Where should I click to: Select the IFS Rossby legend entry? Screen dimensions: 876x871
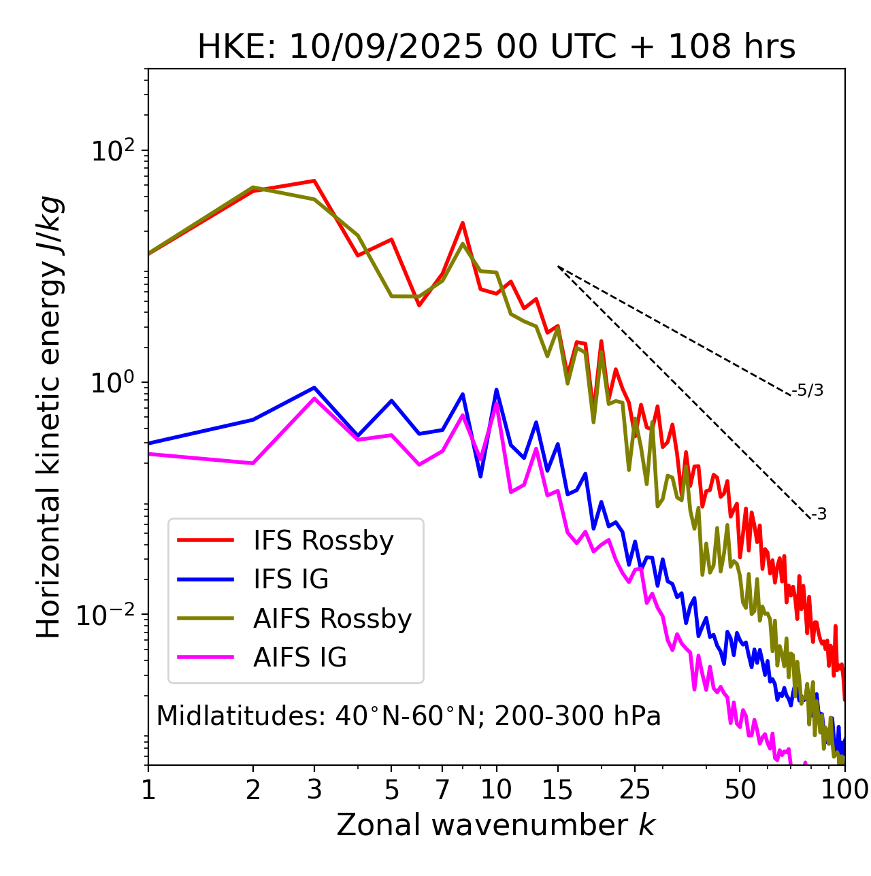coord(323,541)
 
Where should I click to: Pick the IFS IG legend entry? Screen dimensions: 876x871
coord(291,579)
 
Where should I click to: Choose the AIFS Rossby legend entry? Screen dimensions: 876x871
coord(332,619)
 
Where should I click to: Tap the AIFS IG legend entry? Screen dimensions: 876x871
coord(299,658)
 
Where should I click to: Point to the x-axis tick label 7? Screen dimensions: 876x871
coord(442,790)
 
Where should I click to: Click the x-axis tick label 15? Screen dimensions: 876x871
coord(557,790)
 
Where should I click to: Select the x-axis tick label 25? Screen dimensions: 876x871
coord(634,790)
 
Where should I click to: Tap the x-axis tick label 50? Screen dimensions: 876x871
coord(740,790)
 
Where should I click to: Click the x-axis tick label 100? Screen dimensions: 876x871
coord(844,790)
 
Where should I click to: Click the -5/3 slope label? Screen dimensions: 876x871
coord(808,390)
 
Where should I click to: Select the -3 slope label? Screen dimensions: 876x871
coord(819,515)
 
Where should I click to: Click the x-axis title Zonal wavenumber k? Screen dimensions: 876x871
coord(496,825)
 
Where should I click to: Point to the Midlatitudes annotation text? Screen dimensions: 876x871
coord(408,716)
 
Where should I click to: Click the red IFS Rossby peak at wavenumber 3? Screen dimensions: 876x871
coord(314,181)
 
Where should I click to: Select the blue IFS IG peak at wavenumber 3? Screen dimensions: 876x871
coord(314,388)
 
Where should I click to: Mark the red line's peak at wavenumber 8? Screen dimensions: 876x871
coord(463,222)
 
